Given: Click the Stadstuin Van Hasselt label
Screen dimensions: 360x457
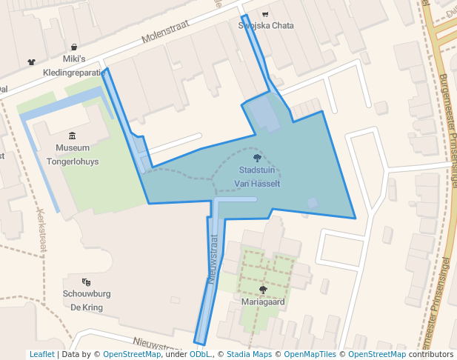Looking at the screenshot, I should coord(256,176).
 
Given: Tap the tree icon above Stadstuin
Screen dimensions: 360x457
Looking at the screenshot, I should coord(257,158).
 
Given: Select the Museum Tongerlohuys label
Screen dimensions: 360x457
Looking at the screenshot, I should coord(72,153).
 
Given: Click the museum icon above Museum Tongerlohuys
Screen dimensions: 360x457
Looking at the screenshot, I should coord(72,136).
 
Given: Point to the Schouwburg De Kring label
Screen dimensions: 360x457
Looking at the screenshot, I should coord(87,300).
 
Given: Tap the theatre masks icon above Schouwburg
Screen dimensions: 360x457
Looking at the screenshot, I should coord(87,281).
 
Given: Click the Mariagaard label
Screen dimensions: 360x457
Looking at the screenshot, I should coord(263,302).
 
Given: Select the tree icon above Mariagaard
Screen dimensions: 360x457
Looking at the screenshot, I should coord(263,290).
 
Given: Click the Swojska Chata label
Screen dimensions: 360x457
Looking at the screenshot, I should coord(266,25).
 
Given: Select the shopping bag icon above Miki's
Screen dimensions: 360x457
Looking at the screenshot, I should coord(74,47).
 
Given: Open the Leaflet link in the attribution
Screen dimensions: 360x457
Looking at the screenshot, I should coord(41,354).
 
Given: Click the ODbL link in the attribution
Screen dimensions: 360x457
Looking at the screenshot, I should coord(199,354).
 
